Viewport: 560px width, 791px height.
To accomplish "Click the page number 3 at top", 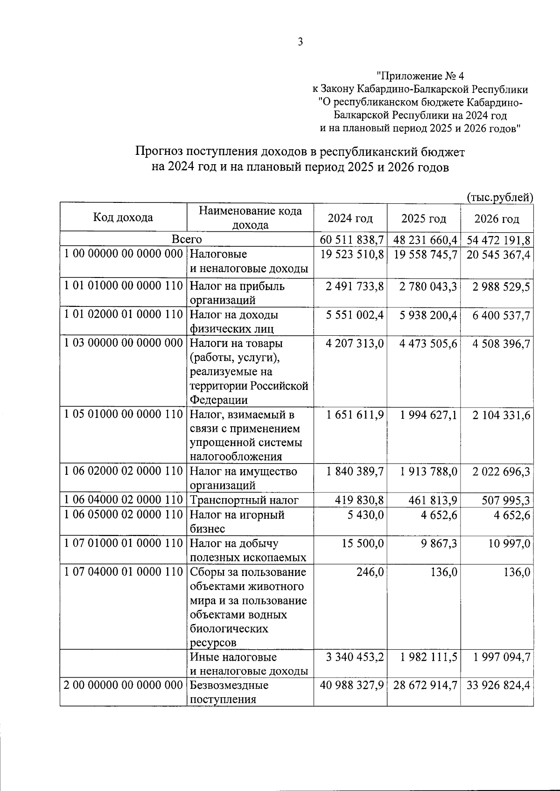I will click(x=301, y=42).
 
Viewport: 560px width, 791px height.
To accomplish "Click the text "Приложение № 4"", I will click(x=420, y=76).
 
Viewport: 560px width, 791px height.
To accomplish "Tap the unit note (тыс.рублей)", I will click(x=500, y=197).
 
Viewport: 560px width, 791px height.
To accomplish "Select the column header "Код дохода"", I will click(x=123, y=217).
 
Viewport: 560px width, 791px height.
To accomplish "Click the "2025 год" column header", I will click(x=424, y=218).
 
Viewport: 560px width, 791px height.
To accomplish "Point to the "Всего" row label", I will click(x=187, y=239).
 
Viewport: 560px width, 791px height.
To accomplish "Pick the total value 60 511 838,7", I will click(x=352, y=240).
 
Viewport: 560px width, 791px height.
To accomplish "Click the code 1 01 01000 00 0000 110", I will click(x=123, y=286).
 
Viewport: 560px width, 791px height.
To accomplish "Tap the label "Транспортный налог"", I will click(x=244, y=500).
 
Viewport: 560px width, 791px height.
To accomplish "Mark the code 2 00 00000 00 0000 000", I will click(x=123, y=686).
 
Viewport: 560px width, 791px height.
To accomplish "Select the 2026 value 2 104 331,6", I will click(x=501, y=415).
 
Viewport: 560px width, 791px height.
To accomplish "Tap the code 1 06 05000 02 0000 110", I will click(x=123, y=515).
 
